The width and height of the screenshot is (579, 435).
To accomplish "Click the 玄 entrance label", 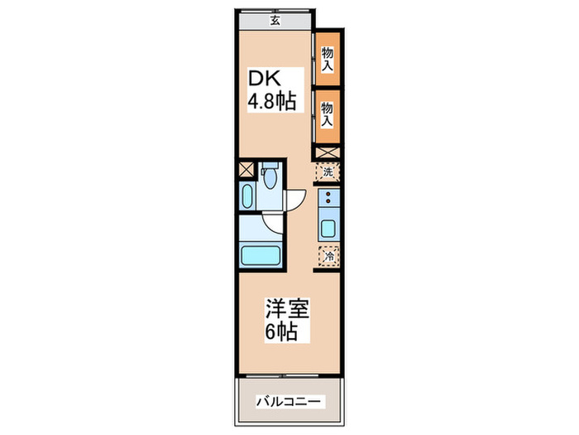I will [274, 22].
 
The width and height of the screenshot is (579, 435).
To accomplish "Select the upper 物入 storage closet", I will [327, 58].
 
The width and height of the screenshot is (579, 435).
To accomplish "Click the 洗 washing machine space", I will [328, 172].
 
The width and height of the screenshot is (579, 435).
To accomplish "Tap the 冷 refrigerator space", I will [328, 257].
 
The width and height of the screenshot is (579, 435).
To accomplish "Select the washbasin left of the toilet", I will [248, 197].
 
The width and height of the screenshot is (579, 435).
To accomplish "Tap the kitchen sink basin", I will [328, 230].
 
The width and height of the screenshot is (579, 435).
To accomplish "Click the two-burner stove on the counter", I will [328, 199].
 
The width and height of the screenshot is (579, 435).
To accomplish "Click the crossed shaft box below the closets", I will [327, 152].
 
